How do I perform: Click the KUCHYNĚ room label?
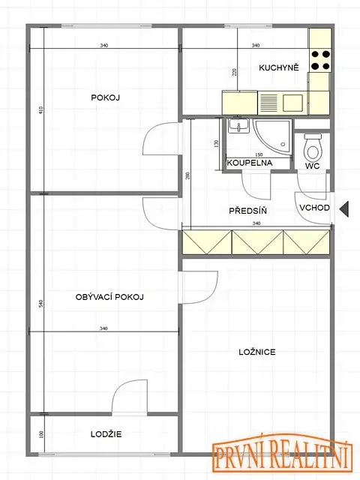pos(278,67)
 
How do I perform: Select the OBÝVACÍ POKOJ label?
pos(109,297)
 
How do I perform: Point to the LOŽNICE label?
pos(257,352)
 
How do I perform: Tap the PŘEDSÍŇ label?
pos(248,211)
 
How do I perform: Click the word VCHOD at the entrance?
pos(314,208)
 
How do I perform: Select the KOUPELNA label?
pos(250,163)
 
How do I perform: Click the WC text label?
pos(312,166)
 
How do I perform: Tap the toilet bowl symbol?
pos(313,147)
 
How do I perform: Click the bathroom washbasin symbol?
pos(238,126)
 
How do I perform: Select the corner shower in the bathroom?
pos(271,136)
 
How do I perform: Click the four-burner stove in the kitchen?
pos(320,60)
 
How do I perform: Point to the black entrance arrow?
pos(344,209)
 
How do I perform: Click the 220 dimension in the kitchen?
pos(235,72)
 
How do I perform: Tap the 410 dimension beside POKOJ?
pos(41,110)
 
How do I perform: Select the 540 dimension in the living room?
pos(41,304)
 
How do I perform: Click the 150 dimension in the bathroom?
pos(259,155)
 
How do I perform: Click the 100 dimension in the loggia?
pos(42,434)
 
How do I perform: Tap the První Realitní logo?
pos(281,451)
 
